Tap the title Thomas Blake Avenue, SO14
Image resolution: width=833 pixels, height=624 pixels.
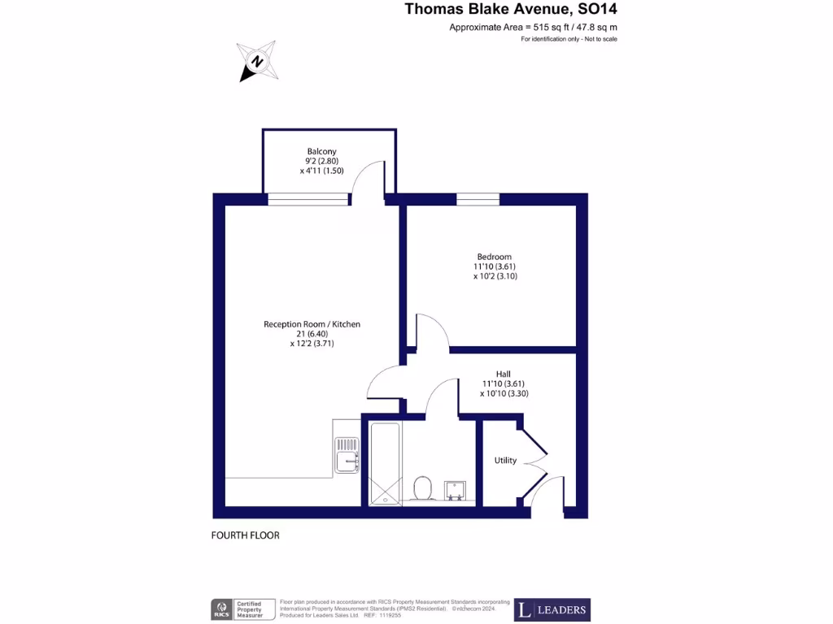517,10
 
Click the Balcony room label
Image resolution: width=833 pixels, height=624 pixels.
321,151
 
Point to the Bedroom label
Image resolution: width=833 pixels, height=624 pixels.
494,257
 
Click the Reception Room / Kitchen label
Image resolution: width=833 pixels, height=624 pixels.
312,324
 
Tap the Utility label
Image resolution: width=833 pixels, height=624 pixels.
505,461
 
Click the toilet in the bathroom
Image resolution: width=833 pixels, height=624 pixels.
422,489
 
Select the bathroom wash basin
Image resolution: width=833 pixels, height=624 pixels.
454,490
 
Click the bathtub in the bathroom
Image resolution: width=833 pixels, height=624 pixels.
385,464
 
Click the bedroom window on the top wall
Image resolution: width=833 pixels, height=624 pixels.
478,199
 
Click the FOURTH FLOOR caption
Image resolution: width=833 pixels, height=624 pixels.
245,535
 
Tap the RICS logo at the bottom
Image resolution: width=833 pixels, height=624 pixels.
221,609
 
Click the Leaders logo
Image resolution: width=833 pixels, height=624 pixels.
552,609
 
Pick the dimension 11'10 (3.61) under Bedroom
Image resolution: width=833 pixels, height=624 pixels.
495,266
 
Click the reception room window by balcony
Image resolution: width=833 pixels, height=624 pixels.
307,199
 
